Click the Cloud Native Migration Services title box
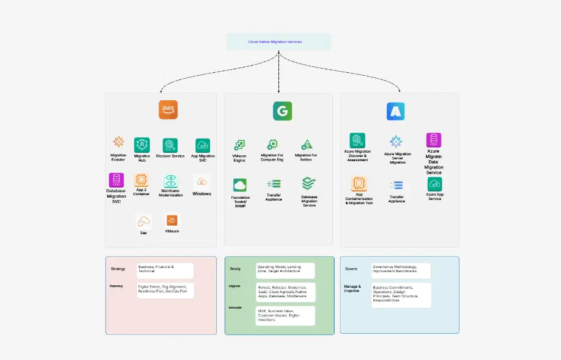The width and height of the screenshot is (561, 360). (x=278, y=42)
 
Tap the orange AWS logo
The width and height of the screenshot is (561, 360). (x=168, y=110)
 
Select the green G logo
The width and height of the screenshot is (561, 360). (x=282, y=112)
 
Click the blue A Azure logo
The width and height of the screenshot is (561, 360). (x=396, y=111)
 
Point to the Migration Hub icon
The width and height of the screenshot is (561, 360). (x=142, y=144)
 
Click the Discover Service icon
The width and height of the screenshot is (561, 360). (x=170, y=145)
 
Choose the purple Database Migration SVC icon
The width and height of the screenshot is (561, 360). (x=116, y=180)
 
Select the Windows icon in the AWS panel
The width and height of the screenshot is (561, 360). (x=202, y=181)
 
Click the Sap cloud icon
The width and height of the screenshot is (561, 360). (x=143, y=221)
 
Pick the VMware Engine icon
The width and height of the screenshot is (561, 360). (x=239, y=145)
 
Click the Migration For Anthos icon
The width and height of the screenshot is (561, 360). (x=306, y=144)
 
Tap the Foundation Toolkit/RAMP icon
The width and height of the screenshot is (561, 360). (x=240, y=185)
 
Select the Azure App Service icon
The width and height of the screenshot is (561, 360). (x=435, y=184)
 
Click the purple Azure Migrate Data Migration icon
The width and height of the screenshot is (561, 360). (x=434, y=140)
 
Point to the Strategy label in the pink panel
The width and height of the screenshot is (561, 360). (x=118, y=269)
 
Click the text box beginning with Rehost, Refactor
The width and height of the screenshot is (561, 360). (x=285, y=291)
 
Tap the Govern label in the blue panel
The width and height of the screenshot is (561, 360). (x=351, y=269)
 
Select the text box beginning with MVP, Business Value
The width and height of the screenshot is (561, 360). (x=285, y=315)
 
